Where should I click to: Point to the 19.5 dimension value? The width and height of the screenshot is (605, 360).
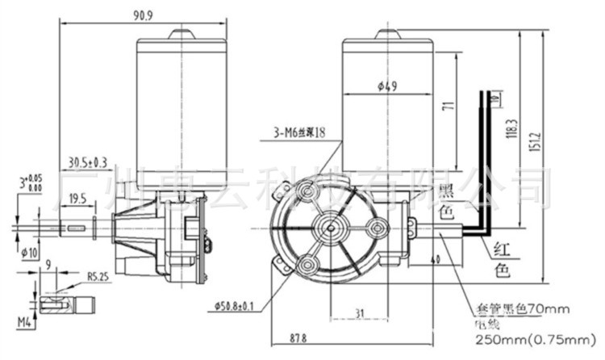78,198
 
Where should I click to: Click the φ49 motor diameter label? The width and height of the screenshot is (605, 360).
386,87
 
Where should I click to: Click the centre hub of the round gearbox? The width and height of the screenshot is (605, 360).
328,227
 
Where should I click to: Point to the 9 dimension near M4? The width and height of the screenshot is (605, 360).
49,263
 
